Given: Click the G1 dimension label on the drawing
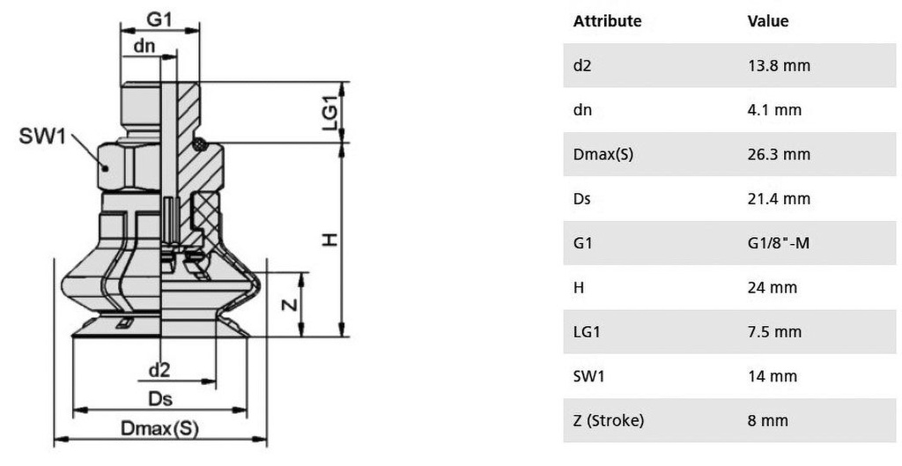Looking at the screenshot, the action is (x=159, y=19).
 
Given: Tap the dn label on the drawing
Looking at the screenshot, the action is (x=144, y=46).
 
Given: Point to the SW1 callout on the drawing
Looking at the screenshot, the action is (x=42, y=137).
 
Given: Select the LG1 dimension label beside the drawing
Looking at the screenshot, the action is (x=330, y=112).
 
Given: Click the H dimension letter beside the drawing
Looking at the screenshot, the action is (x=329, y=240).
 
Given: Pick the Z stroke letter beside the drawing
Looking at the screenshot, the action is (x=292, y=303).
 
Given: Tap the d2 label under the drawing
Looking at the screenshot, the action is (x=160, y=370).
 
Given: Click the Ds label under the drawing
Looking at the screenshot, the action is (x=160, y=399).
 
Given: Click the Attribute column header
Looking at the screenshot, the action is (x=607, y=21).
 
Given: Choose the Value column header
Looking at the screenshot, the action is (x=768, y=21).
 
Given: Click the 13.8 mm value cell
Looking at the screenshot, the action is (x=779, y=65).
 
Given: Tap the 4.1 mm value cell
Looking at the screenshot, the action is (x=774, y=110).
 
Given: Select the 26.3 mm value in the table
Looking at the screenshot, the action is (x=779, y=154).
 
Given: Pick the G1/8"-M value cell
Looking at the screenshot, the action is (x=779, y=243).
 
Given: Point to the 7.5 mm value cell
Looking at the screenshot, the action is (x=773, y=332).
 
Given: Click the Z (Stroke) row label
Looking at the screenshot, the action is (x=609, y=420).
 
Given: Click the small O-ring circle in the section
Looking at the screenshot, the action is (x=200, y=144).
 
